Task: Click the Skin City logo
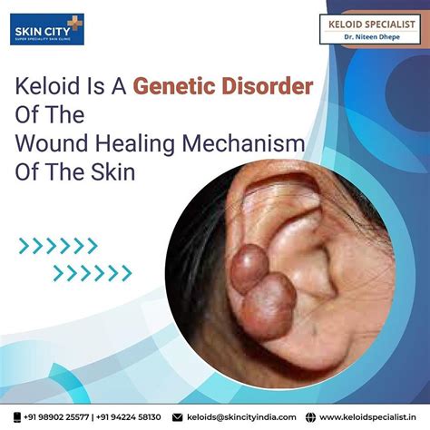coord(45,31)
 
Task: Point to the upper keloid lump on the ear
coord(247,267)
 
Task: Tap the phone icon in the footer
coord(19,416)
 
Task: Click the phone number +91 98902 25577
coord(59,416)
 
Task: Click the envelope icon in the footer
coord(179,416)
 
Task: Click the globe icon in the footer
coord(312,416)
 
